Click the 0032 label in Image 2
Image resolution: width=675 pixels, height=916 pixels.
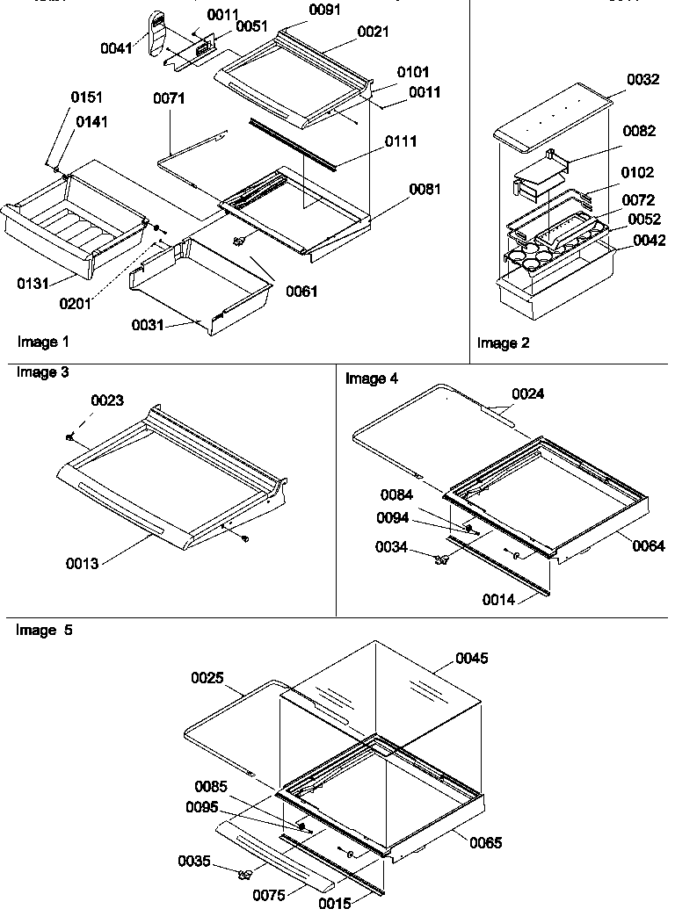643,80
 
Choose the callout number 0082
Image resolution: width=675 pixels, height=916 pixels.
639,131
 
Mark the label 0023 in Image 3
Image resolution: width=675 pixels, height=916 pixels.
107,400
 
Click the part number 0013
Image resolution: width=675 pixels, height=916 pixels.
82,563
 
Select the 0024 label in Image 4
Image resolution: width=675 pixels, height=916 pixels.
527,394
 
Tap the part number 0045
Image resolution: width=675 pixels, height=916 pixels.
470,659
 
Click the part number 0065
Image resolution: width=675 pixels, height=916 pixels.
485,843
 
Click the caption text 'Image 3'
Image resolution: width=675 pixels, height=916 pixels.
42,372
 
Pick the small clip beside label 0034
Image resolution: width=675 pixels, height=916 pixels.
441,559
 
